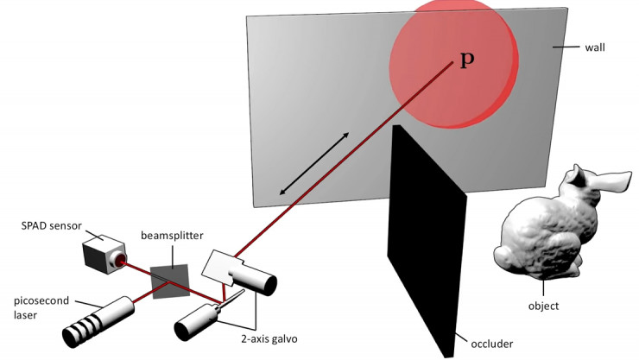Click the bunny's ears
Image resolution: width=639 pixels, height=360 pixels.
pyautogui.click(x=596, y=181)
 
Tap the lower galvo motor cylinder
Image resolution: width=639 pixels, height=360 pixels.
pyautogui.click(x=197, y=321)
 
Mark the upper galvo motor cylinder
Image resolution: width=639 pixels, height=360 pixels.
pyautogui.click(x=257, y=280)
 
